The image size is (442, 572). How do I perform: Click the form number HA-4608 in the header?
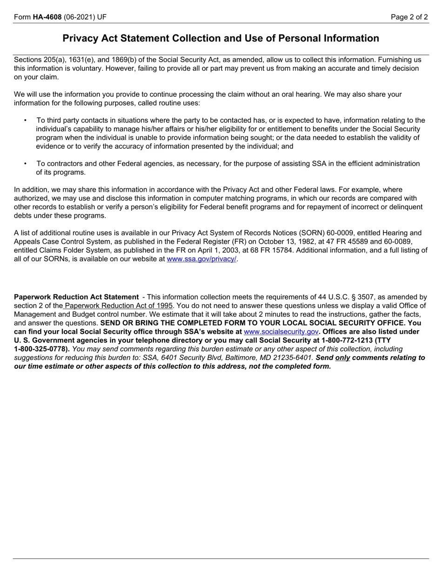point(47,17)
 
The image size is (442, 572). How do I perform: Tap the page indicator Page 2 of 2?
point(409,17)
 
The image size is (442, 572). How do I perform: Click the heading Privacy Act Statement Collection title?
point(221,39)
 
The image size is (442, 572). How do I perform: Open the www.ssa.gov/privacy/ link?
point(201,259)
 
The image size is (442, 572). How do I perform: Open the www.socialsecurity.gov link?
point(281,332)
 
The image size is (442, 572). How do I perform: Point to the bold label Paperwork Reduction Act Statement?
point(76,297)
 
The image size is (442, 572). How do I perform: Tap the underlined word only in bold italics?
point(342,358)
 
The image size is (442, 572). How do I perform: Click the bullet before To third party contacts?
point(25,120)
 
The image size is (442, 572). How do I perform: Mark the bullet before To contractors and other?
point(25,164)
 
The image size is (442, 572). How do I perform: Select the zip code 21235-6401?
point(295,358)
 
